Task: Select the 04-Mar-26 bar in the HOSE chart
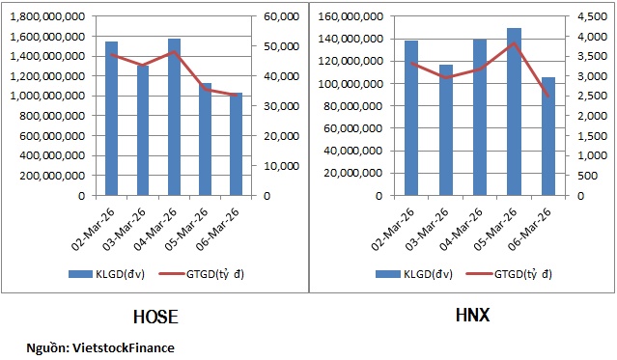click(x=174, y=117)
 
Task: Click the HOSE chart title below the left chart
click(x=154, y=317)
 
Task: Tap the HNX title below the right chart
click(x=470, y=315)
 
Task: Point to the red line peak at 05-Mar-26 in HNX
click(x=515, y=43)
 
